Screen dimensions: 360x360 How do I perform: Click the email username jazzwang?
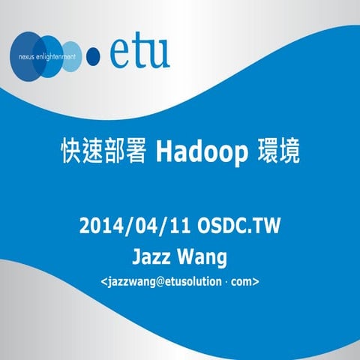130,283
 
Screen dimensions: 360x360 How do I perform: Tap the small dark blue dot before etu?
94,54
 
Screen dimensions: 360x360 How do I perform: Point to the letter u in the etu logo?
159,53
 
